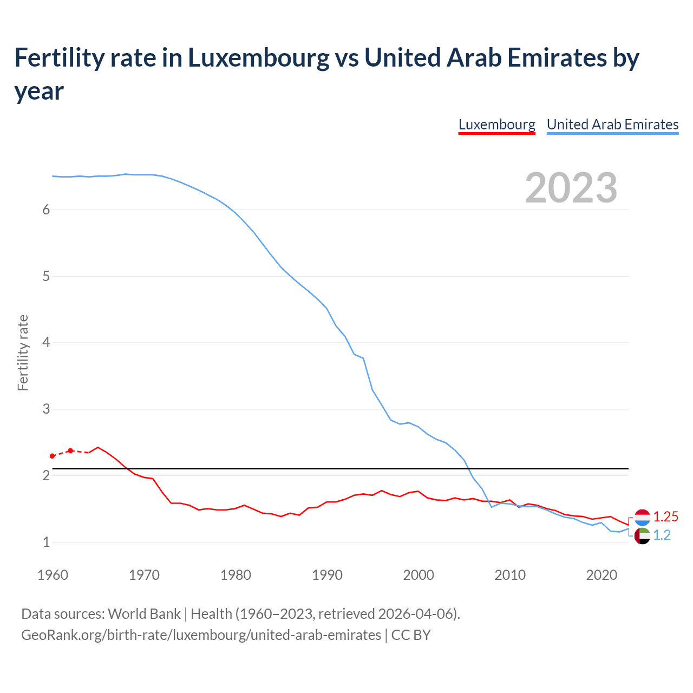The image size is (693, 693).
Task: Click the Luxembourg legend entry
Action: [x=496, y=125]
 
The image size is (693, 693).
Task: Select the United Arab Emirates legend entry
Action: [x=612, y=125]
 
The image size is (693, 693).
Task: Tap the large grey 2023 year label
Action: [x=571, y=188]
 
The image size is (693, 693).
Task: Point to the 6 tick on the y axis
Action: [x=46, y=210]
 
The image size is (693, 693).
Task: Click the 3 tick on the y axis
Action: [x=46, y=409]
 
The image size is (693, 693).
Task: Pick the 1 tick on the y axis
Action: [x=46, y=542]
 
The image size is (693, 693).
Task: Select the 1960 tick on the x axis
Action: [x=53, y=575]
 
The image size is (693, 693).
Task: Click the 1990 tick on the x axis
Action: [x=327, y=575]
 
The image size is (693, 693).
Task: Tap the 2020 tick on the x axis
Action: [x=602, y=575]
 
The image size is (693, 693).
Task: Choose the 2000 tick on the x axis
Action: [x=419, y=575]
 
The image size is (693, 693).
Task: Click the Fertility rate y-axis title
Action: [x=23, y=352]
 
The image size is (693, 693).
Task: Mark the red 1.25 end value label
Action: [x=665, y=517]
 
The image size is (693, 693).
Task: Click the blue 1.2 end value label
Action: [x=662, y=535]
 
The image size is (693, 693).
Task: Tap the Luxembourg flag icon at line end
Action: [x=642, y=518]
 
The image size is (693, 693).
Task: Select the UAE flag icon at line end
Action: [x=642, y=536]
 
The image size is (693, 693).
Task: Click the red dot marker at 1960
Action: [x=53, y=456]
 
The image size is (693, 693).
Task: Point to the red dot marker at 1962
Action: [x=70, y=450]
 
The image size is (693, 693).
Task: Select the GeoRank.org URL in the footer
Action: [x=201, y=635]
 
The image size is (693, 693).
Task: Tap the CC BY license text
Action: [x=411, y=635]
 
